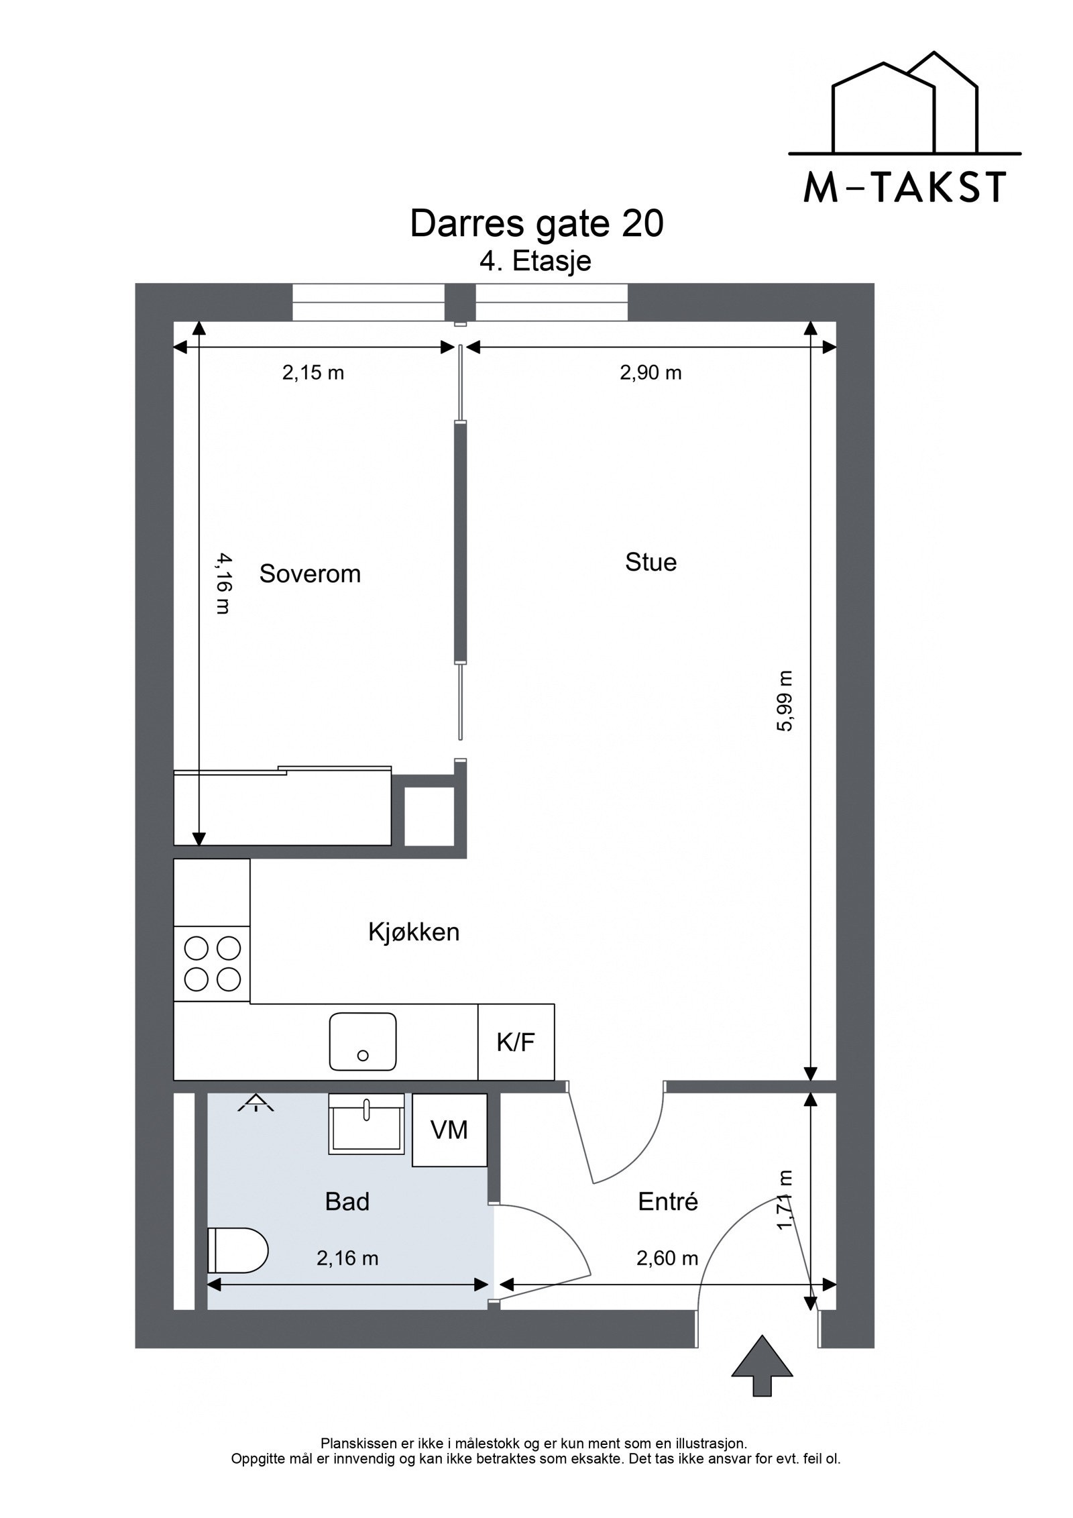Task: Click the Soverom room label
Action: (x=310, y=574)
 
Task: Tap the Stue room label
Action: (x=651, y=562)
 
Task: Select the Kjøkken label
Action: (x=414, y=932)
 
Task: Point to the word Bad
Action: (x=347, y=1201)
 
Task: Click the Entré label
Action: (x=668, y=1201)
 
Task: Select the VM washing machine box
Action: (x=449, y=1130)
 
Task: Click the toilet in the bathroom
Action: (x=237, y=1250)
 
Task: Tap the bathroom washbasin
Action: (x=366, y=1125)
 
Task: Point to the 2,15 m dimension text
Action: (x=313, y=373)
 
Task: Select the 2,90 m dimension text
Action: (x=651, y=373)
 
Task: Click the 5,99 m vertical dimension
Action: (x=785, y=701)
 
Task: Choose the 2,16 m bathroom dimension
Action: (x=347, y=1258)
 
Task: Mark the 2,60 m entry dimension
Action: (x=667, y=1258)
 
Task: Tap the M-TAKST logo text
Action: (x=905, y=188)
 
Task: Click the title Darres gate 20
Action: (x=536, y=224)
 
